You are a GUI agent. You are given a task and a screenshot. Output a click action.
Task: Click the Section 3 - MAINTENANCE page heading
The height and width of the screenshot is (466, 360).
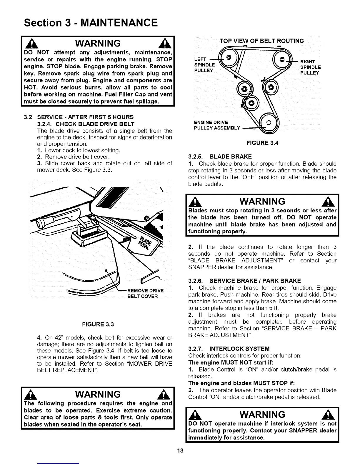91,22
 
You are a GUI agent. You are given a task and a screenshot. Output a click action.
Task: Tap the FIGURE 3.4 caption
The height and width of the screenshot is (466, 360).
262,143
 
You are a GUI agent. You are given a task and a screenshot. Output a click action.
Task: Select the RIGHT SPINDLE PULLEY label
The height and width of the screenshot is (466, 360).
310,67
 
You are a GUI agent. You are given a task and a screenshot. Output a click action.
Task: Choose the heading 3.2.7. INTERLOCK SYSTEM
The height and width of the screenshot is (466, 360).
229,349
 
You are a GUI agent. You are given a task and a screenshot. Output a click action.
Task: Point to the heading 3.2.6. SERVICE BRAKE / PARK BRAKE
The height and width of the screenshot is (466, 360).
244,281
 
